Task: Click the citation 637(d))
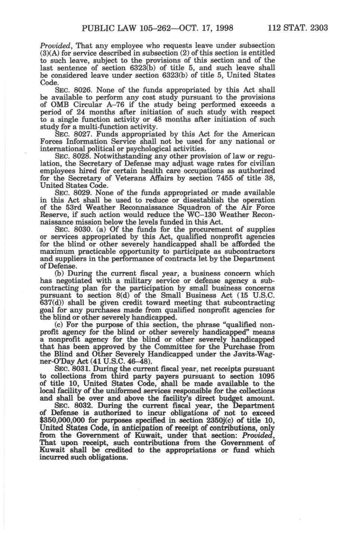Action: [x=52, y=303]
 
